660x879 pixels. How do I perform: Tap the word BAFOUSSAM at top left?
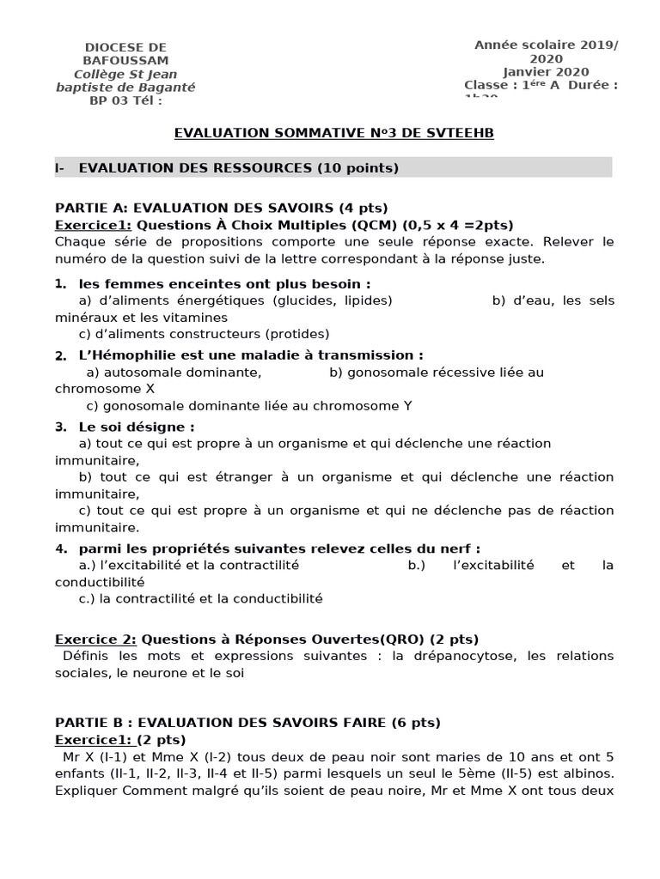coord(125,60)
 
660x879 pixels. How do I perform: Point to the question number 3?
coord(60,427)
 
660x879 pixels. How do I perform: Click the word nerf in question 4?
coord(457,549)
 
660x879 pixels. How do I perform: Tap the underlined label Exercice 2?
coord(96,640)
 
